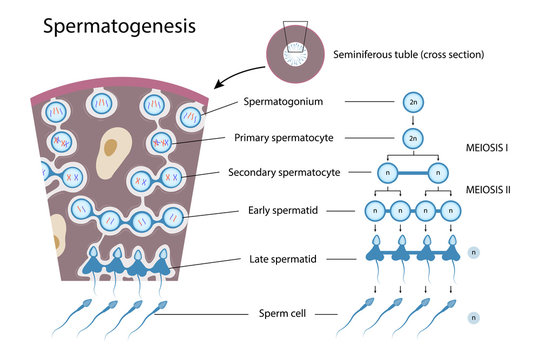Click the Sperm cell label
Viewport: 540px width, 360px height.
point(280,316)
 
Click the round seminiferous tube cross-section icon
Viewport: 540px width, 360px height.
point(296,49)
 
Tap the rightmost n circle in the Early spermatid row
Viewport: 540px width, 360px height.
point(453,211)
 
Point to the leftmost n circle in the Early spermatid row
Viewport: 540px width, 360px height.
point(374,211)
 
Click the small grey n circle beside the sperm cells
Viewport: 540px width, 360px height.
point(475,317)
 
